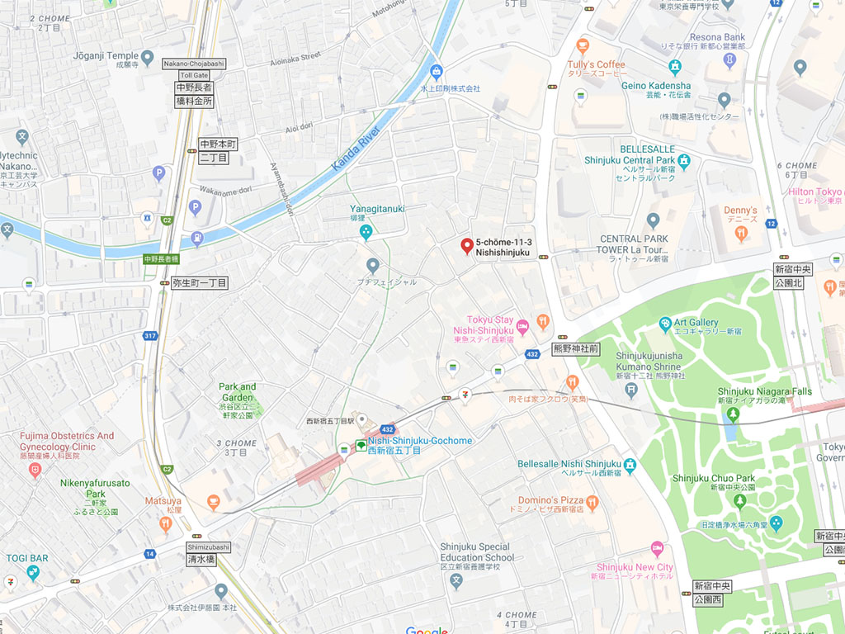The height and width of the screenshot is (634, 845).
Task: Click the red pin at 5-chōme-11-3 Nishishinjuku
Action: [466, 246]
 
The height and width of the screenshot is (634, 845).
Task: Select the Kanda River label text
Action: [356, 149]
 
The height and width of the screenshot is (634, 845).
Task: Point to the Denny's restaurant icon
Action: [740, 234]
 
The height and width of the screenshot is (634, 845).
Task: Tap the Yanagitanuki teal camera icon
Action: [366, 234]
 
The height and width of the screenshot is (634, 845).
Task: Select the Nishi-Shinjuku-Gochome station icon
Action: [361, 446]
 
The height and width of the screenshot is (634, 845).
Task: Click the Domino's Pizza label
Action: [550, 500]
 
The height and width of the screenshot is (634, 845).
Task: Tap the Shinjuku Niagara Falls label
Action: [764, 391]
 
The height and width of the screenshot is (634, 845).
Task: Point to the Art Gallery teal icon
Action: [665, 323]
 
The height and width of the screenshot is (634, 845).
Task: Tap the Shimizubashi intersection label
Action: [208, 546]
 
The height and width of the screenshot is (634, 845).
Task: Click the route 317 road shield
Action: [149, 335]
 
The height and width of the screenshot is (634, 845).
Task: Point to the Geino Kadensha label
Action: [656, 85]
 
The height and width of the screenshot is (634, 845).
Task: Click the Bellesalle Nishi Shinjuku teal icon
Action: [630, 465]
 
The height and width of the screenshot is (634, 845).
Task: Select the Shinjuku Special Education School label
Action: [476, 551]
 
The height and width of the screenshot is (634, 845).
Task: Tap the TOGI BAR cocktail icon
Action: [33, 573]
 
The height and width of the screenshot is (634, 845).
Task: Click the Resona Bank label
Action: [716, 37]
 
